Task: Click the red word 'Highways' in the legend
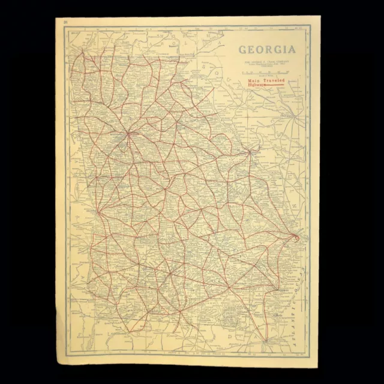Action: coord(256,85)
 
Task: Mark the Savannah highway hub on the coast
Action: coord(294,239)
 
